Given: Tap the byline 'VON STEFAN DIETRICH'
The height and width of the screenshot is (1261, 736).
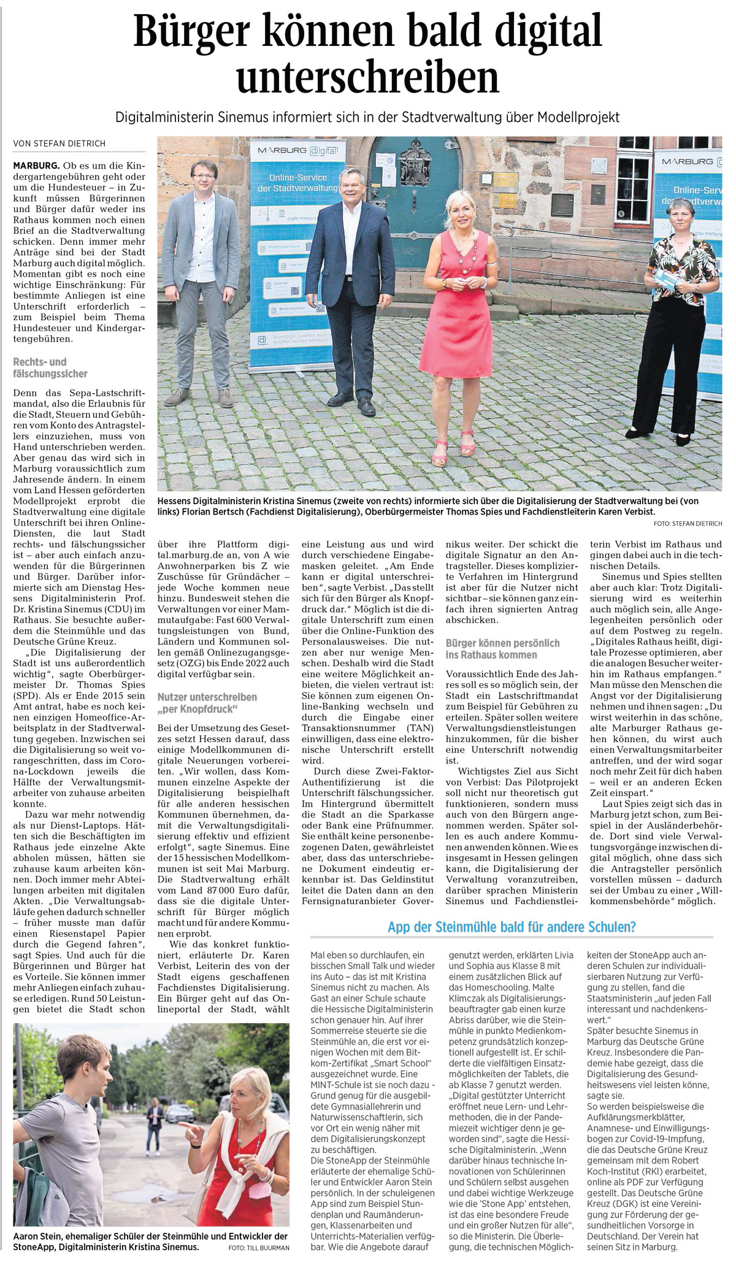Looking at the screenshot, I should (x=59, y=144).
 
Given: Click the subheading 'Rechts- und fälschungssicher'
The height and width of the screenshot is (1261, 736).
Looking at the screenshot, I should (x=50, y=367).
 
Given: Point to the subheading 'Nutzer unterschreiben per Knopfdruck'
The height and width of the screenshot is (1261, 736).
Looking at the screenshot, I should (x=207, y=703).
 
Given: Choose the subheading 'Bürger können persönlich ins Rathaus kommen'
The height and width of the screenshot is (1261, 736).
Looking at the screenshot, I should (x=502, y=648).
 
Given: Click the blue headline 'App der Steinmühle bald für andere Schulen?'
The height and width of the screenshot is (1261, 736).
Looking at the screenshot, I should (x=512, y=927).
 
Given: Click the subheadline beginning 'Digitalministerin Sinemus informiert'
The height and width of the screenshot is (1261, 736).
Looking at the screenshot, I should (x=368, y=117).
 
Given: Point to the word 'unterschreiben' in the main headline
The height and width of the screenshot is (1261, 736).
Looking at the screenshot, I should (x=368, y=78).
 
